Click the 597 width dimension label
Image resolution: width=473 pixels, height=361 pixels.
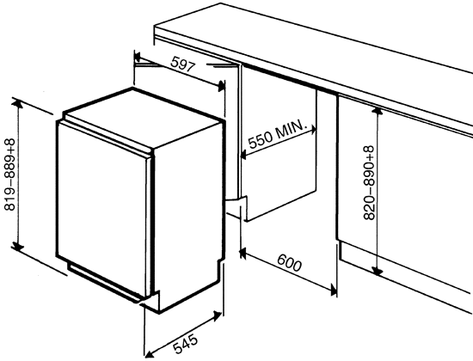(183, 64)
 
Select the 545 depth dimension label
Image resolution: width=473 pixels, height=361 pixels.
(186, 344)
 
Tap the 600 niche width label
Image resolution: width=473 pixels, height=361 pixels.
(289, 263)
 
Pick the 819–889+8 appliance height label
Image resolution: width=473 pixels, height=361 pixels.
(9, 174)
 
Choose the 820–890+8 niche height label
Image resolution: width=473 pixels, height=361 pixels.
(369, 183)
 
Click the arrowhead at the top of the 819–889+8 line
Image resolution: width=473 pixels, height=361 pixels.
(17, 103)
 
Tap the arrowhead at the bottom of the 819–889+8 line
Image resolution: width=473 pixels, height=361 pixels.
(17, 247)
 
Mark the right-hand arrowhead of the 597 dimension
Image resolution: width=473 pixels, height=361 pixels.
(221, 86)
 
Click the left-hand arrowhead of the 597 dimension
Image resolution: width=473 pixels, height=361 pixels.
(138, 57)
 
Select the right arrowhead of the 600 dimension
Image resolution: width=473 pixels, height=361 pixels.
(334, 290)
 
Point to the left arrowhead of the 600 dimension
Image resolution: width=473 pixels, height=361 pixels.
(243, 253)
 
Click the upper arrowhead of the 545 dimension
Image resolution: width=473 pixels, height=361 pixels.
(218, 315)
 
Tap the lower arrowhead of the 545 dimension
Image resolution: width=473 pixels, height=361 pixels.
(149, 353)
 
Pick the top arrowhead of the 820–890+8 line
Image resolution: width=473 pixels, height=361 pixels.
(377, 111)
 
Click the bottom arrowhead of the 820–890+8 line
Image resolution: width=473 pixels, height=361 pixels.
(377, 271)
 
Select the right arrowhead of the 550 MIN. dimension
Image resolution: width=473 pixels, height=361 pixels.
(313, 130)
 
